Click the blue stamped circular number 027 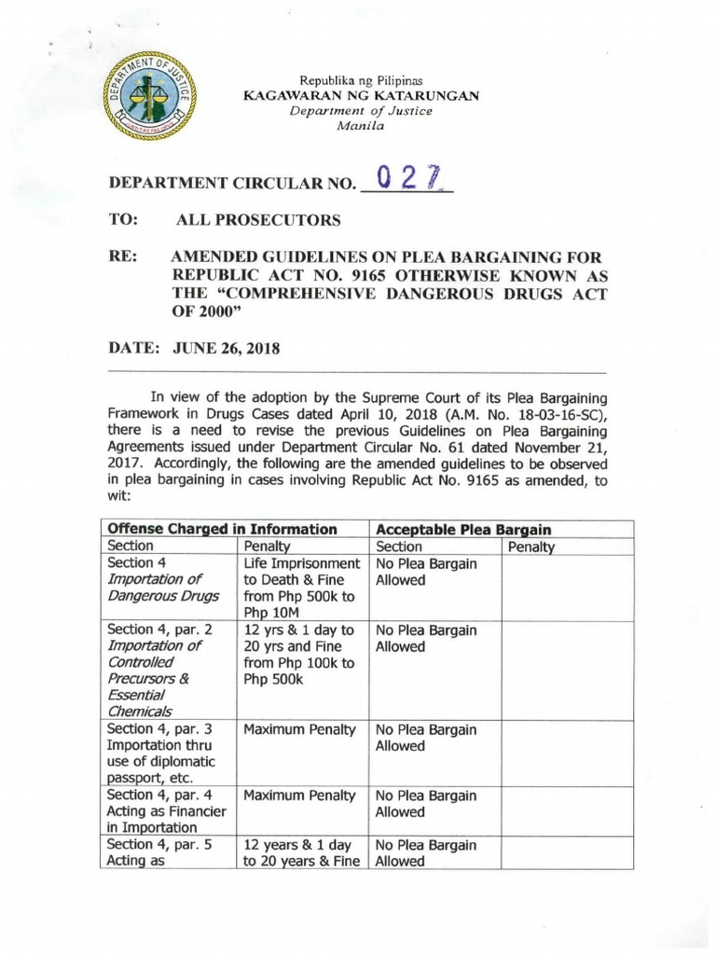coord(407,177)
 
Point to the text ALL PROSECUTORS coord(258,221)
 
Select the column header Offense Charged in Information coord(222,529)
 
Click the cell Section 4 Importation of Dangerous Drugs coord(163,579)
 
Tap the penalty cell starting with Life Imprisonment coord(301,588)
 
